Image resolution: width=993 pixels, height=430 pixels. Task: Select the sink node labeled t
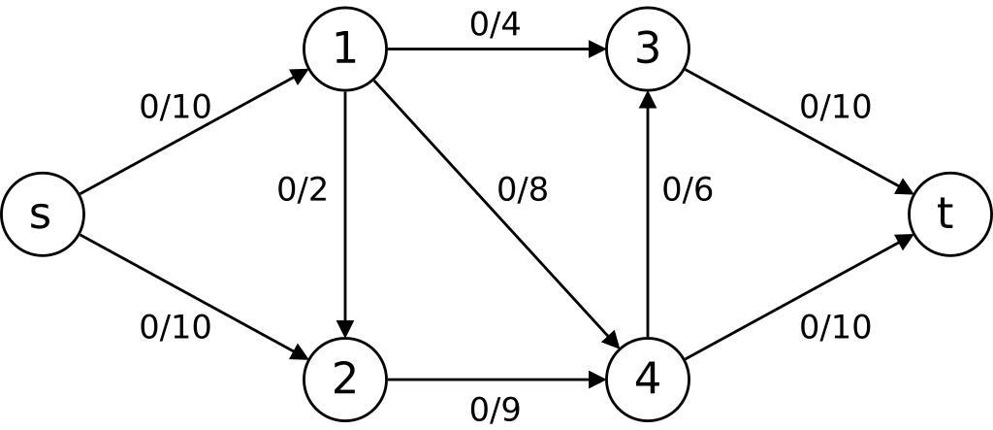tap(949, 215)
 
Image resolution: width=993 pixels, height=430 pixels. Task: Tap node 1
tap(345, 49)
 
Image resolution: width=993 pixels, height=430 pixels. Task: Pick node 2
tap(345, 380)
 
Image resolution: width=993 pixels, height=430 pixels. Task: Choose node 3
tap(647, 49)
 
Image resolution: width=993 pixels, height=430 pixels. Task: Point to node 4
tap(647, 380)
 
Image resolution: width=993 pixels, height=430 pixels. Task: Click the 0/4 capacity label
tap(495, 24)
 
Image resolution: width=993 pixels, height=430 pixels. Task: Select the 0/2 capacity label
tap(302, 189)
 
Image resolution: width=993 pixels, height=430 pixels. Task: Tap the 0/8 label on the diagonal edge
tap(522, 189)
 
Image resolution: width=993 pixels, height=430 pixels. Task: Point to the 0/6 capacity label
tap(687, 189)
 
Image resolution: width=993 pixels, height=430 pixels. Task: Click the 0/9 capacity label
tap(495, 410)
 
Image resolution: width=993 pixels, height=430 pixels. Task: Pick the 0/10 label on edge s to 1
tap(175, 107)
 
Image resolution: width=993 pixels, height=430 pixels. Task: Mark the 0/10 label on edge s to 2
tap(175, 327)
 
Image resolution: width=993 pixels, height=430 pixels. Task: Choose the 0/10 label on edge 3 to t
tap(835, 107)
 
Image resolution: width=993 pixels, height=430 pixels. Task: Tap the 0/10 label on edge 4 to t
tap(835, 327)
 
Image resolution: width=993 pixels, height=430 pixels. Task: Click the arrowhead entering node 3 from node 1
tap(598, 49)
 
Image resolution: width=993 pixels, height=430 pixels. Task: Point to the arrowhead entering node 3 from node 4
tap(647, 98)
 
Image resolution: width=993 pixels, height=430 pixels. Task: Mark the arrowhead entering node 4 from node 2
tap(598, 380)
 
